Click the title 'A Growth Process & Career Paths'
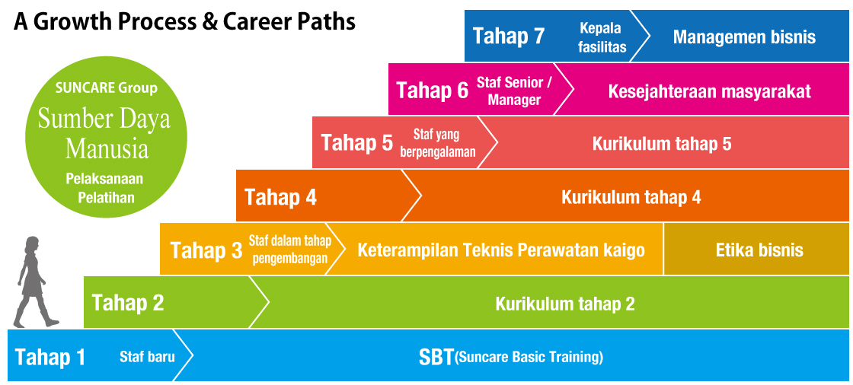[x=184, y=22]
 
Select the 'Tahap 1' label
[x=50, y=358]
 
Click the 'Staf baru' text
[x=147, y=358]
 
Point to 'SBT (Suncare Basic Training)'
[x=511, y=358]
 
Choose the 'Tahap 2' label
[x=128, y=303]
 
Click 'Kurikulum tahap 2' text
[x=565, y=304]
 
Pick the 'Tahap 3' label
[x=206, y=250]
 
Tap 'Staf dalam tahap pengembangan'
[x=289, y=249]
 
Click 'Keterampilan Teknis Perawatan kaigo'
[x=501, y=250]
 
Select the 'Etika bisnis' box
[x=756, y=249]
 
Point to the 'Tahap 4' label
[x=281, y=197]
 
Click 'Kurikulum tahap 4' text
[x=631, y=197]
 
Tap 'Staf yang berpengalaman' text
[x=438, y=143]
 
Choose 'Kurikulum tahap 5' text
[x=662, y=144]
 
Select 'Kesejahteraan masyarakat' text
[x=709, y=91]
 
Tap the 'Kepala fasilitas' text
[x=601, y=37]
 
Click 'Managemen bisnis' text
[x=744, y=37]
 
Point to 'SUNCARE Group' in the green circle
[x=106, y=88]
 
